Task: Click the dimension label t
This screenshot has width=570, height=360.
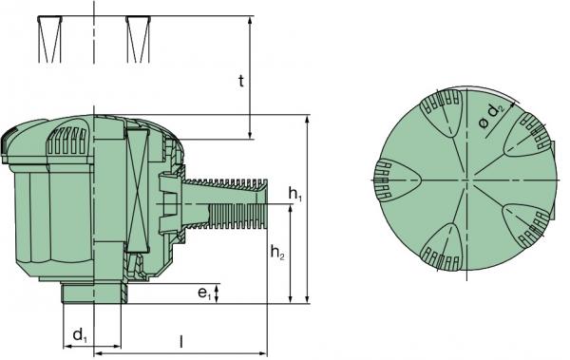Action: (241, 82)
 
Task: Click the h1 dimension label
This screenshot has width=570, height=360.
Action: (295, 194)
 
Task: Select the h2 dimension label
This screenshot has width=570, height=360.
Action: (277, 252)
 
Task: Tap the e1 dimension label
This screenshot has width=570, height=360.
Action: (204, 293)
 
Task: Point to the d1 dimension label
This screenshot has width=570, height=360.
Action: (80, 335)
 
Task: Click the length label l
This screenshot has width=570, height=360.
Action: (181, 341)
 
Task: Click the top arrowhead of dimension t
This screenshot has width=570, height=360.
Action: (250, 19)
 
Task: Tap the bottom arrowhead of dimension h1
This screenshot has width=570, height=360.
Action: (308, 299)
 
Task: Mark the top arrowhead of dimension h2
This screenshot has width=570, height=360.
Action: (290, 208)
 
